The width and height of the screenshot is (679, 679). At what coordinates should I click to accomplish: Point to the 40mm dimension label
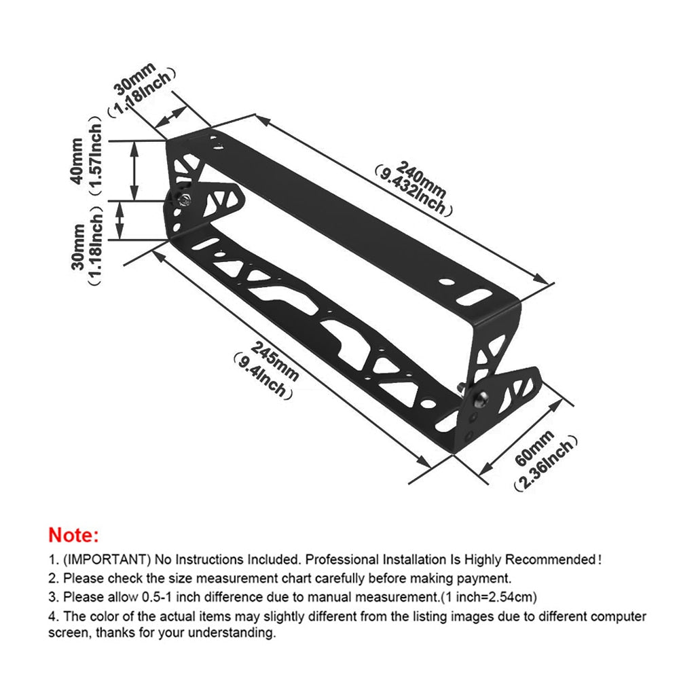point(77,160)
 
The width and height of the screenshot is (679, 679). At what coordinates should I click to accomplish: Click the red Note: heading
point(73,535)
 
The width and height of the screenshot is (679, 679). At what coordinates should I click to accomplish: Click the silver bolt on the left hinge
point(184,198)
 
